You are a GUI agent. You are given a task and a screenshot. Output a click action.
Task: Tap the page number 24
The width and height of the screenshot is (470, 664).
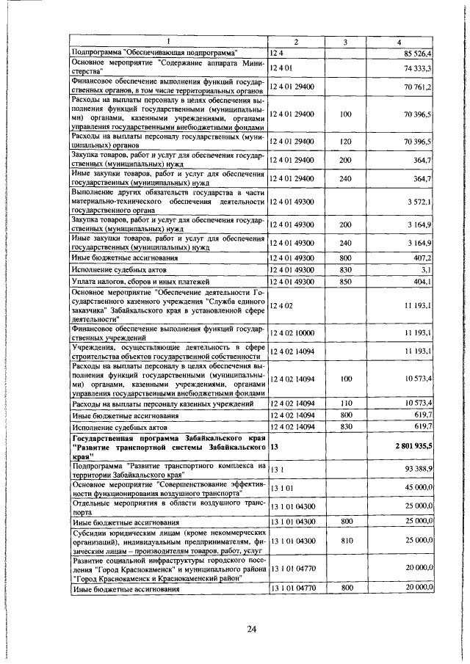(x=251, y=628)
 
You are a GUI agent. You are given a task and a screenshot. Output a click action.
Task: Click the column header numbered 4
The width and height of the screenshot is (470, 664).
(x=399, y=42)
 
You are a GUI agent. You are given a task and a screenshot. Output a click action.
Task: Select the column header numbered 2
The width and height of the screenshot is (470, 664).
(x=295, y=42)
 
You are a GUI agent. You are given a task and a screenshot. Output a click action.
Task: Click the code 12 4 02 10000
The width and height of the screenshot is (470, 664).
(x=293, y=333)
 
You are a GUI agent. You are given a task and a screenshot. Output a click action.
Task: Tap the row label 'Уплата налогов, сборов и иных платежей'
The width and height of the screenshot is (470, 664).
(x=140, y=282)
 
